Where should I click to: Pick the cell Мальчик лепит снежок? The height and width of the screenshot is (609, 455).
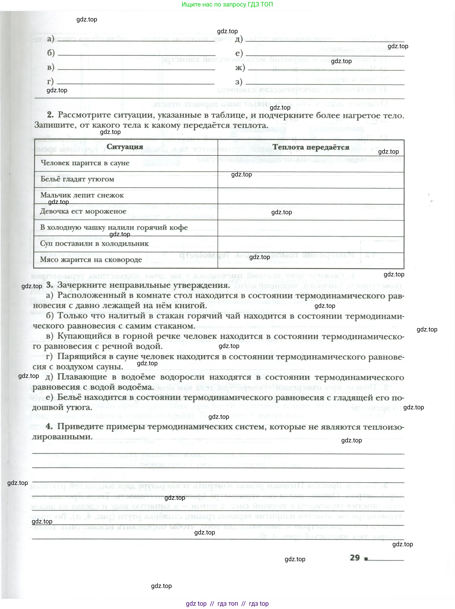(82, 195)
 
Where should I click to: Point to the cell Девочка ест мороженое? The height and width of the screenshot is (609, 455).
(83, 211)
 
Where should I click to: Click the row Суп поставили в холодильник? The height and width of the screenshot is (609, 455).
(94, 244)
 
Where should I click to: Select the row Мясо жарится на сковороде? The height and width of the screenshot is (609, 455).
(91, 260)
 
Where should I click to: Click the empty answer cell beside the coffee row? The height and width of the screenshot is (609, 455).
(311, 228)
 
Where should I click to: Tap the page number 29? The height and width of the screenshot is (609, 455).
(355, 557)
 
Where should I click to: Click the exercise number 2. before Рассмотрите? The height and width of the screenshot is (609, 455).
(50, 115)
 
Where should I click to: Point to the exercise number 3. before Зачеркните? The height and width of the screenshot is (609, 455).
(50, 285)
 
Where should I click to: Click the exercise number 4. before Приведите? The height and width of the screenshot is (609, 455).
(49, 426)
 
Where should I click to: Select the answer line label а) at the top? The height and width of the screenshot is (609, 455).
(50, 39)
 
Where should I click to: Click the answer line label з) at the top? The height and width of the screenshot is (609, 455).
(239, 82)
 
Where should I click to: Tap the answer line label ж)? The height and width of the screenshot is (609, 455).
(240, 67)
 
